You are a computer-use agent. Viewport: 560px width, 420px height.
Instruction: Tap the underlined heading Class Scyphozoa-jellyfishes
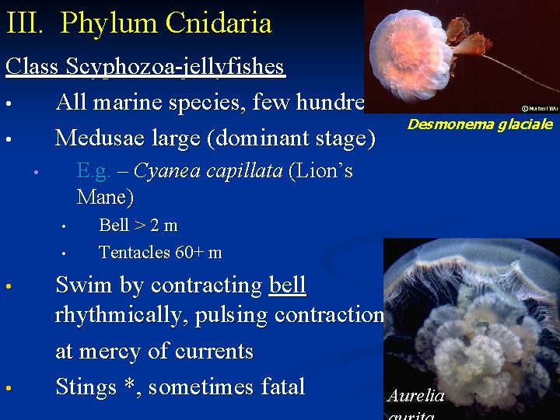coord(145,67)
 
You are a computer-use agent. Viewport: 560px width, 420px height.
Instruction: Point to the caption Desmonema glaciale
coord(480,124)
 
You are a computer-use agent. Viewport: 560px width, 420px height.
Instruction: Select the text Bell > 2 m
coord(138,226)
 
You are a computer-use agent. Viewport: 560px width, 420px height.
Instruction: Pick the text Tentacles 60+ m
coord(159,252)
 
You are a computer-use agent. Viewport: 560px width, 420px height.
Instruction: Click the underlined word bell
coord(288,285)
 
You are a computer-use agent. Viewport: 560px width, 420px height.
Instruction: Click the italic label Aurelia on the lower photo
coord(415,396)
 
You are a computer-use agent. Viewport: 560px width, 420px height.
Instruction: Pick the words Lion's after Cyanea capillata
coord(320,171)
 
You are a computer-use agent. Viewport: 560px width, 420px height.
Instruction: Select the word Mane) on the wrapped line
coord(105,197)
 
